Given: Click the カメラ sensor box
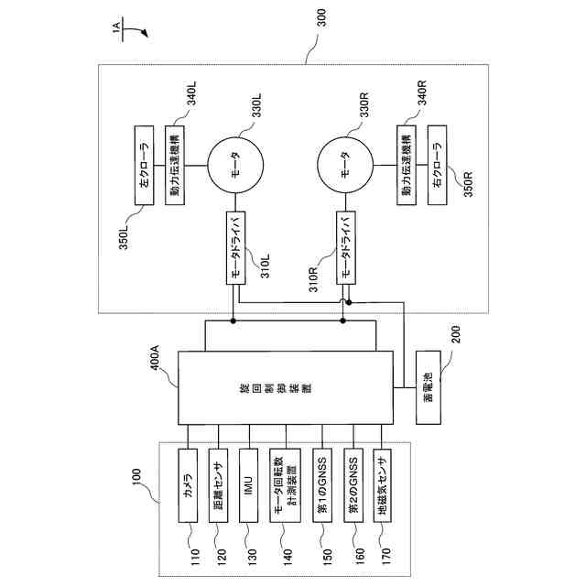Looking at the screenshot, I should [x=189, y=484].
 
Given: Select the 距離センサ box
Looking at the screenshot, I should [x=219, y=484].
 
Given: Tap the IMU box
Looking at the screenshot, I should [x=249, y=484].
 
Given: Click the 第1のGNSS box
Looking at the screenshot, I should [x=321, y=484].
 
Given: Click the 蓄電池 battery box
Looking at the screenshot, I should [x=429, y=388].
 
